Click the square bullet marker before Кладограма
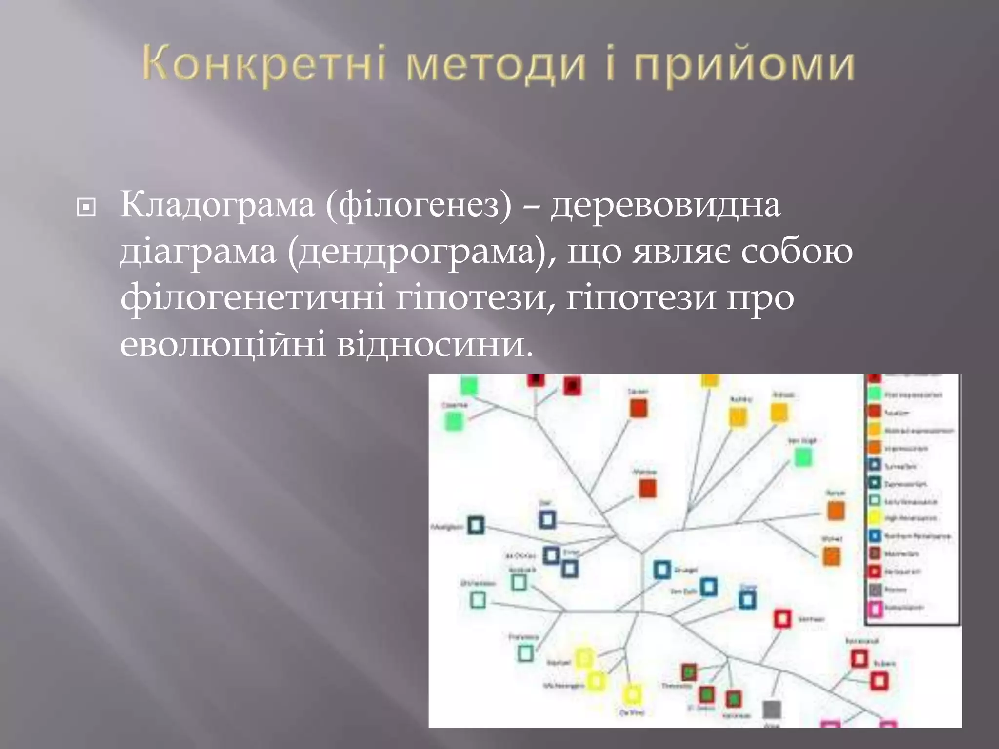[86, 208]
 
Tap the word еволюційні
[223, 345]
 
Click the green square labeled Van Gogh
[803, 457]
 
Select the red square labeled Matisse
[648, 488]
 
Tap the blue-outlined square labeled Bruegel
[662, 569]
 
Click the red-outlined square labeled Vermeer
[782, 619]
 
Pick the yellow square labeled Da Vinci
[632, 693]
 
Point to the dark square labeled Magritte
[476, 525]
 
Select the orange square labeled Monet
[832, 556]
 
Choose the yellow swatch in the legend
[875, 518]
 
